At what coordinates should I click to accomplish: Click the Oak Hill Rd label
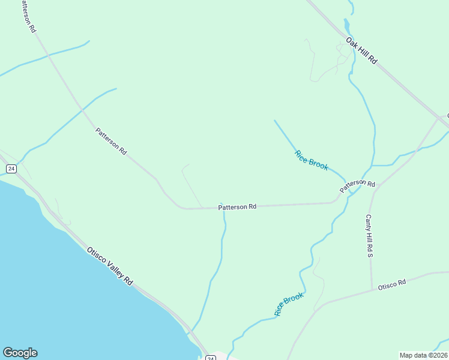(361, 51)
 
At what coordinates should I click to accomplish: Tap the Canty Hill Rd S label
(370, 236)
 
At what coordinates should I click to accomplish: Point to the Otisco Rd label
(392, 284)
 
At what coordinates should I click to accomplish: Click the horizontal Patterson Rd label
(237, 207)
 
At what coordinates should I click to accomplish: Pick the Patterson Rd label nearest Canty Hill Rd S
(357, 186)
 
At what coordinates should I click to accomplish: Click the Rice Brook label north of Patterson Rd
(312, 160)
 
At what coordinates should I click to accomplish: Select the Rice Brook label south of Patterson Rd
(289, 304)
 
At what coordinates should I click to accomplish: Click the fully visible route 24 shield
(11, 169)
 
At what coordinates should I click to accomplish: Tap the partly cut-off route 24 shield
(210, 358)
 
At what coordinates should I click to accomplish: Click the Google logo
(20, 353)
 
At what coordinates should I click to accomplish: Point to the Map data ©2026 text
(423, 355)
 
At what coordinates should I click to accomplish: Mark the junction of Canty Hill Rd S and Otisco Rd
(372, 289)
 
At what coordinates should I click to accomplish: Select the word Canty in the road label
(369, 224)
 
